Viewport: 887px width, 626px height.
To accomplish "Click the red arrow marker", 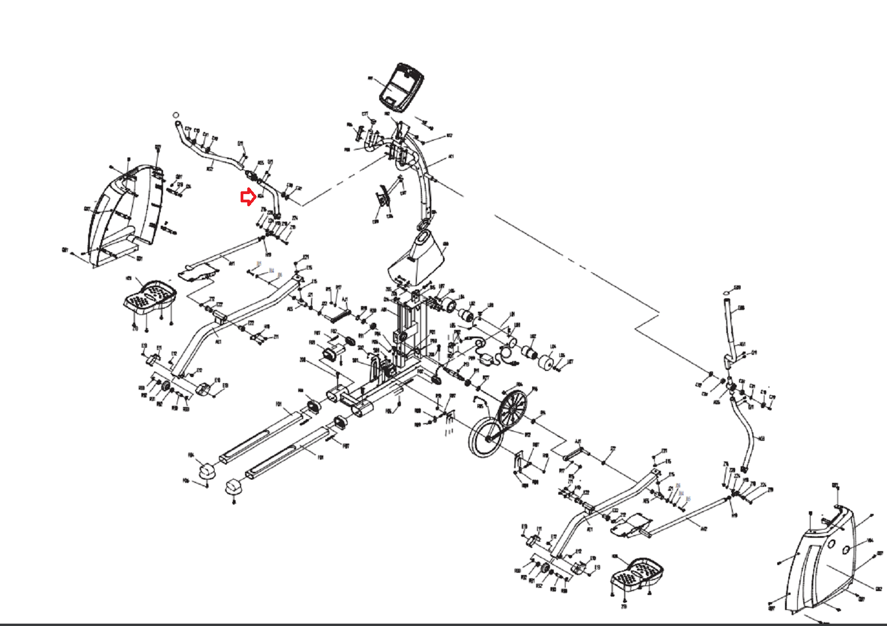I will (247, 197).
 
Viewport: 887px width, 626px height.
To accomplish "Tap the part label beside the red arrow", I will (261, 196).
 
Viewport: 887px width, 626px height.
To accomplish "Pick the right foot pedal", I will (638, 574).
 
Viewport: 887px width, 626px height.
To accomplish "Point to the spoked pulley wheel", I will (512, 410).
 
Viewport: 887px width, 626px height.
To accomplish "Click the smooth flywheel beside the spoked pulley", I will (486, 437).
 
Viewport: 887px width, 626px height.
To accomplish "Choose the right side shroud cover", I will (826, 560).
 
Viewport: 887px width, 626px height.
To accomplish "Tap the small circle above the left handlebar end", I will (176, 114).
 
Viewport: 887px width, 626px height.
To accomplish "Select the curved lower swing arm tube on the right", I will (746, 432).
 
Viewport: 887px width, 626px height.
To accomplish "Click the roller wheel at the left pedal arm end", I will (165, 385).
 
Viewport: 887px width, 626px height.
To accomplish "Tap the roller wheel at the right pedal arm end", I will (544, 569).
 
